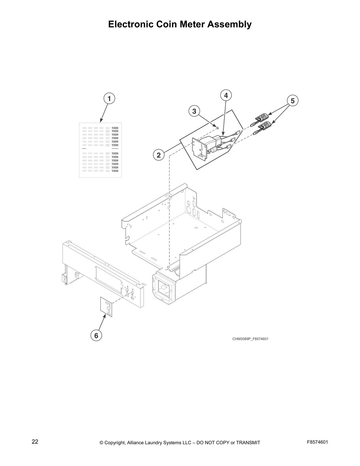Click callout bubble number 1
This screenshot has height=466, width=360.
pyautogui.click(x=109, y=99)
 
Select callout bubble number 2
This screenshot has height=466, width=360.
pyautogui.click(x=159, y=155)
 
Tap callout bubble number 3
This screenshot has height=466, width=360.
pyautogui.click(x=194, y=111)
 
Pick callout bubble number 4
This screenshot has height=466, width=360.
pyautogui.click(x=226, y=95)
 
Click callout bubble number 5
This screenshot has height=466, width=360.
pyautogui.click(x=292, y=101)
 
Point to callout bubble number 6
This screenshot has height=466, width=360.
pyautogui.click(x=96, y=335)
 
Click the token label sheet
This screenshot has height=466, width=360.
pyautogui.click(x=100, y=150)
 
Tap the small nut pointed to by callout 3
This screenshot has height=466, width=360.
pyautogui.click(x=217, y=128)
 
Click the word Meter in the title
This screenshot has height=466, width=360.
pyautogui.click(x=191, y=24)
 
